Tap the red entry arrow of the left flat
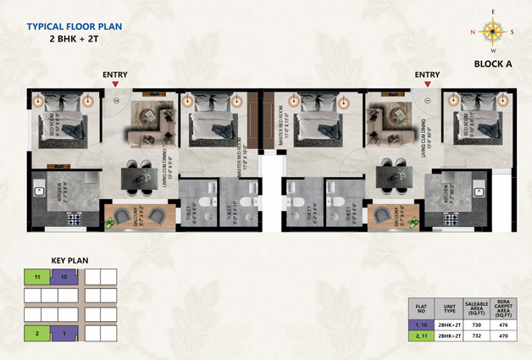click(x=114, y=84)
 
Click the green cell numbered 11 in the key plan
click(x=37, y=277)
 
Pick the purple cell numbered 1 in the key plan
click(x=65, y=334)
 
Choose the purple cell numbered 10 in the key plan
click(x=65, y=277)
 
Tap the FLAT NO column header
click(x=419, y=307)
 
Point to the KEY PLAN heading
click(x=70, y=260)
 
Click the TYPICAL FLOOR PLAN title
click(x=75, y=27)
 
